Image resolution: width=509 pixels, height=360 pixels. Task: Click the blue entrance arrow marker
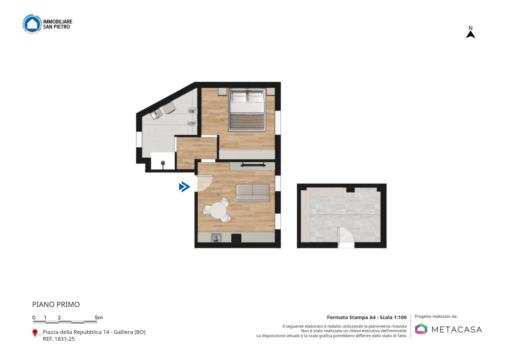click(184, 187)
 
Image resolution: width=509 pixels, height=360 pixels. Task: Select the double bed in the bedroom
click(247, 110)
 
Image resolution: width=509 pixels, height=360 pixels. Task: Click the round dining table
click(218, 210)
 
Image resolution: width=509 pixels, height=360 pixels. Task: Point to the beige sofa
click(253, 193)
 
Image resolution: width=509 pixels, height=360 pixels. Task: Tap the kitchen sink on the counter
click(216, 238)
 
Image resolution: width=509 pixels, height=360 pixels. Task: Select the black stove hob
click(236, 238)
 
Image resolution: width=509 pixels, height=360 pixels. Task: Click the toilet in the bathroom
click(192, 111)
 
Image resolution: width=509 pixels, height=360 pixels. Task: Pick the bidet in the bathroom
click(192, 123)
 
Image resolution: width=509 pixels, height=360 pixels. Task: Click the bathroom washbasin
click(157, 114)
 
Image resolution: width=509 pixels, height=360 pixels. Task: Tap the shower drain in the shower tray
click(163, 163)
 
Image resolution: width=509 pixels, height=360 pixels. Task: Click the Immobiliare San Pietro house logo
click(32, 24)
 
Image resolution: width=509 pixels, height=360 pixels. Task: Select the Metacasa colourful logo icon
click(421, 329)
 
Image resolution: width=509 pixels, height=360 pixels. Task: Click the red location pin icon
click(35, 333)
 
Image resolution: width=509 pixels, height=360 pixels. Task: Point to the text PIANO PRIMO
click(56, 304)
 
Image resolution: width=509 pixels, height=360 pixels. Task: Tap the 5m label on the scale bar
click(99, 318)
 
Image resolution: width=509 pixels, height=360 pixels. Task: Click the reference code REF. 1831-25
click(59, 339)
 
